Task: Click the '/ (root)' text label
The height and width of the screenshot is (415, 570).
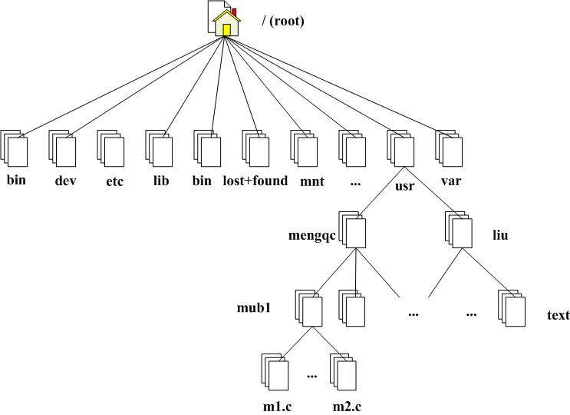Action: coord(283,21)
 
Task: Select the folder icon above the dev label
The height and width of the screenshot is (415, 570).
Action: coord(64,148)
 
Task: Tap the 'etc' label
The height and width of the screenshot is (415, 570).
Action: coord(115,181)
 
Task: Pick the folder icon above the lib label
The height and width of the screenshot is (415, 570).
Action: coord(160,148)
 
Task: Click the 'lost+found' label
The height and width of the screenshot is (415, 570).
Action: coord(256,181)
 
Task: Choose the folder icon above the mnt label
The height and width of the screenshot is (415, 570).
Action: coord(305,148)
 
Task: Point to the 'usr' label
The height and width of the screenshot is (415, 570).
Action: coord(404,185)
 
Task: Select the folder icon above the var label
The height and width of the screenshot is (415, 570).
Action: coord(450,148)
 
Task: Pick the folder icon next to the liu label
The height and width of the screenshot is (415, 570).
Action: coord(460,227)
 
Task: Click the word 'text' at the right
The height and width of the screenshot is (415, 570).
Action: coord(558,315)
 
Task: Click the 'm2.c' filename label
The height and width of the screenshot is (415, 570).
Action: coord(347,405)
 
